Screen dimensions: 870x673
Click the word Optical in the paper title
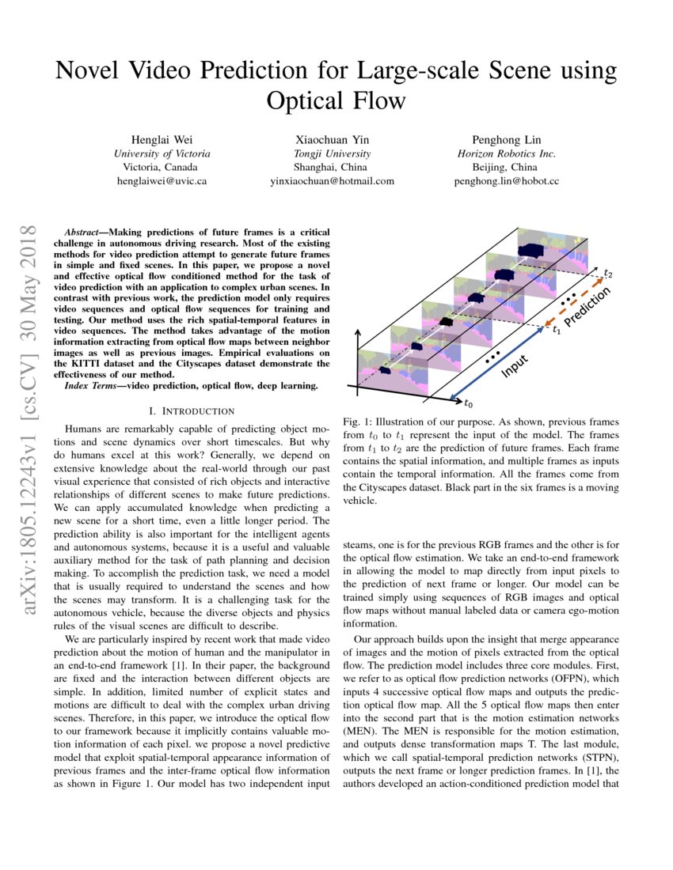[306, 100]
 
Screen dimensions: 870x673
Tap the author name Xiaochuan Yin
[332, 138]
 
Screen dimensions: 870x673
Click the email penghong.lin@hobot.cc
[506, 181]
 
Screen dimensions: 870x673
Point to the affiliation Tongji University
[332, 153]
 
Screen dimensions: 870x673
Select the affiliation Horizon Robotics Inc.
[506, 153]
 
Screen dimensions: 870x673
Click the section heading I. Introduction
[192, 411]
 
